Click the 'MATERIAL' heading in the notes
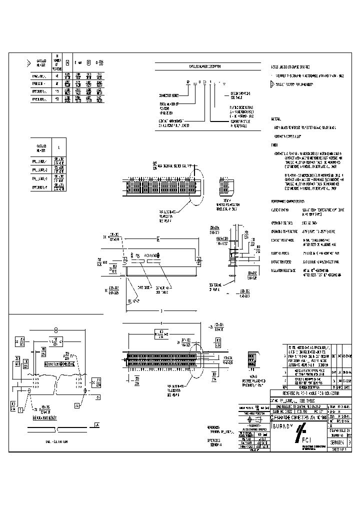pos(276,119)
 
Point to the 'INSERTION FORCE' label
pos(281,253)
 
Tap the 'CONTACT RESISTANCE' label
pos(283,240)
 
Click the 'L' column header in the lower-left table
pos(59,147)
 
